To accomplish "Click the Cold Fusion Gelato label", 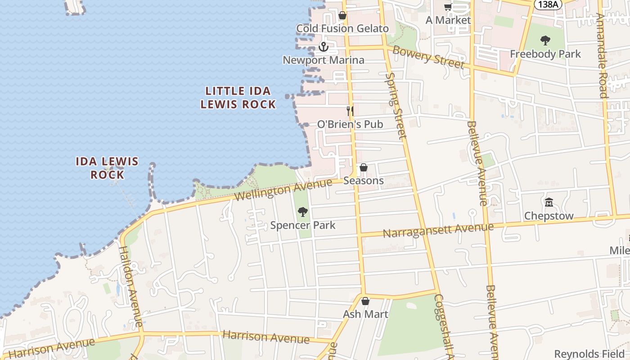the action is click(342, 28).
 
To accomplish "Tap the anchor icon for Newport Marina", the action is click(323, 46).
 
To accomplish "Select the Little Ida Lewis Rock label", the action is click(238, 98).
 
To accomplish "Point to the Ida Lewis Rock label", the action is click(107, 168).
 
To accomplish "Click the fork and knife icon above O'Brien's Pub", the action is click(350, 110).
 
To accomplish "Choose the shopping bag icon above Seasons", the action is click(364, 167).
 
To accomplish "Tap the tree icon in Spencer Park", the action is click(303, 211).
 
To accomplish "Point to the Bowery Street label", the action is click(428, 57).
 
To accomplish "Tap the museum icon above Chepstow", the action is click(549, 202).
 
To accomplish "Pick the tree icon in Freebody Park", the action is click(545, 40).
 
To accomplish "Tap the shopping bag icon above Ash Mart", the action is click(365, 301).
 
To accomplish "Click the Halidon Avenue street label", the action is click(131, 286).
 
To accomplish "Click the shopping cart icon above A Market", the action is click(448, 7).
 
